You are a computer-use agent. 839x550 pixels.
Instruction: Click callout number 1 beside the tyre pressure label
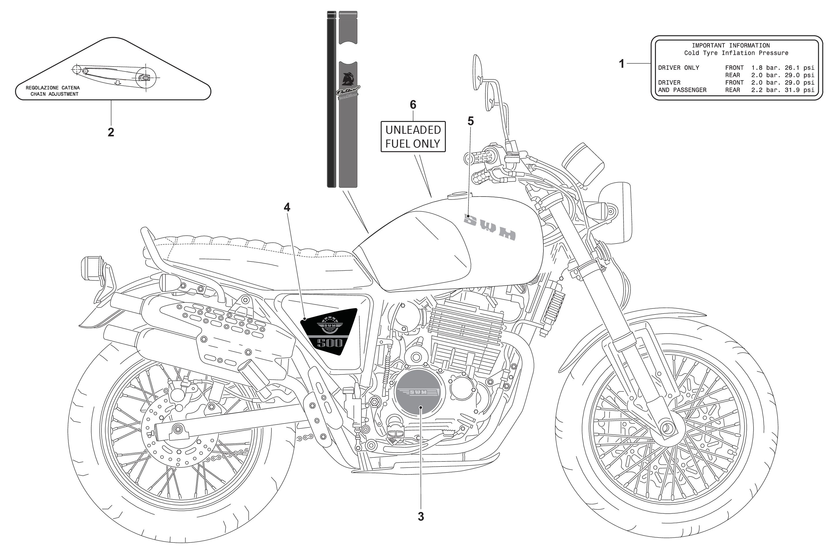pyautogui.click(x=622, y=64)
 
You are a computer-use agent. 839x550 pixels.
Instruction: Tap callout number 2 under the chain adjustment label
pyautogui.click(x=111, y=132)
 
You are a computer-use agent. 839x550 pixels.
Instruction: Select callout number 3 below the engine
pyautogui.click(x=421, y=517)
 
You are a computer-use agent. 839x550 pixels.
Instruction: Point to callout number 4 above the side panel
pyautogui.click(x=287, y=207)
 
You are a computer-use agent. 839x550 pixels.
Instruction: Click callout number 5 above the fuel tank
pyautogui.click(x=470, y=121)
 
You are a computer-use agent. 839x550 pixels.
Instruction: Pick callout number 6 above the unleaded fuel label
pyautogui.click(x=413, y=105)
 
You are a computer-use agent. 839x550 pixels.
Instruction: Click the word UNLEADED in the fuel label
pyautogui.click(x=413, y=130)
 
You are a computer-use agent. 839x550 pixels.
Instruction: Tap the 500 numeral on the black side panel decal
pyautogui.click(x=329, y=343)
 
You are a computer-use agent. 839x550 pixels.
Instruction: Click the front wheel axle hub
pyautogui.click(x=666, y=428)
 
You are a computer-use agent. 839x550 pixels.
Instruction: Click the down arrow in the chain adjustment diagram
pyautogui.click(x=118, y=82)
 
